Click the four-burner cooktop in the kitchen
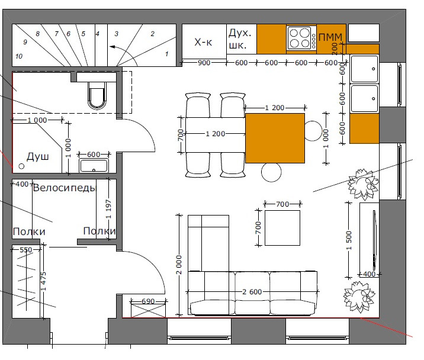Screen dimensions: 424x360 pos(301,37)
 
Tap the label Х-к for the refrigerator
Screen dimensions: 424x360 pos(203,42)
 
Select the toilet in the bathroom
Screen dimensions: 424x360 pos(97,95)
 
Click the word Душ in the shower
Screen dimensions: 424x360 pos(37,157)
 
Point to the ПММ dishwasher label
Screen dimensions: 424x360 pos(330,37)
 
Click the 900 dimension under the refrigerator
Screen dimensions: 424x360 pos(204,63)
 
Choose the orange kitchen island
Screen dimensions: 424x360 pos(275,138)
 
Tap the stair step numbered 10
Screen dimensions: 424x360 pos(19,56)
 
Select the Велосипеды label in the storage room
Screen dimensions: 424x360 pos(65,188)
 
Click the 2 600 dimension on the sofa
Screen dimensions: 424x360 pos(252,292)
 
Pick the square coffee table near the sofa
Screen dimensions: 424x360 pos(282,228)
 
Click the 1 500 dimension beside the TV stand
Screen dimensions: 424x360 pos(349,240)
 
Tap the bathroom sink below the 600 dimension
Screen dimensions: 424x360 pos(94,165)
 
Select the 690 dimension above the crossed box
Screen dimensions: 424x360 pos(148,301)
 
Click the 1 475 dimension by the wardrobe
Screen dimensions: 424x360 pos(44,281)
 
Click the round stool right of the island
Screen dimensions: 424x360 pos(313,131)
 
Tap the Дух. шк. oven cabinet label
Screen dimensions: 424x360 pos(240,39)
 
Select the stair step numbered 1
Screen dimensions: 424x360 pos(166,54)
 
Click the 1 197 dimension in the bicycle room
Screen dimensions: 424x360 pos(108,209)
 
